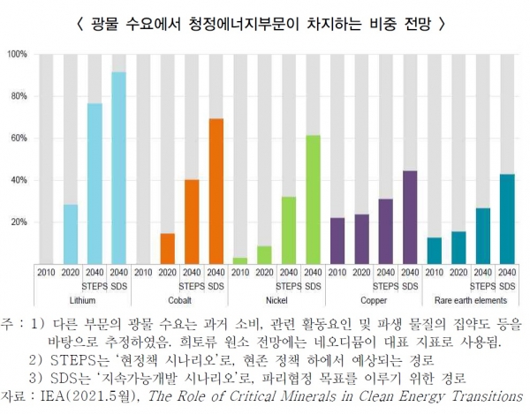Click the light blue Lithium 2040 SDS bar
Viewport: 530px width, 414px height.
click(118, 168)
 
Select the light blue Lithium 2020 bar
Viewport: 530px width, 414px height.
click(71, 233)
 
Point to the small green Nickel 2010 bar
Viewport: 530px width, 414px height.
click(239, 260)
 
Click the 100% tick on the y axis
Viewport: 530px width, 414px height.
click(17, 55)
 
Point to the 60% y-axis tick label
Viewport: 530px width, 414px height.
click(19, 139)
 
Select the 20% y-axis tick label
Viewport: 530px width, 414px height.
click(19, 222)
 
